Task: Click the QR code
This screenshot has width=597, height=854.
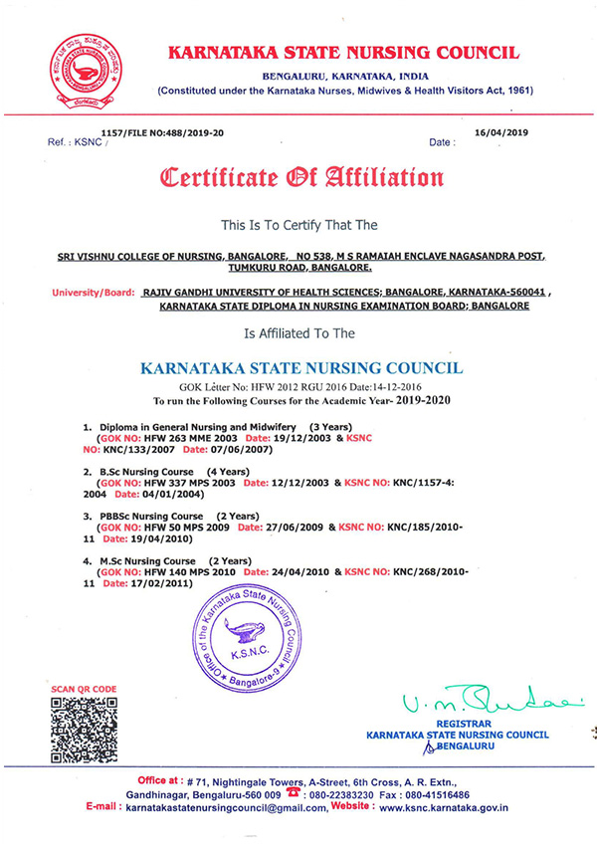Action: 84,731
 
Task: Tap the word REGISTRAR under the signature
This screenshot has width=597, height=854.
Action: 464,725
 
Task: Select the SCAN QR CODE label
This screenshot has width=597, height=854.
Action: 84,689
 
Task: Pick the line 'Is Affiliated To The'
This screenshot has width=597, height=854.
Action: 299,333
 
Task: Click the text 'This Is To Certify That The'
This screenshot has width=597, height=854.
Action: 299,226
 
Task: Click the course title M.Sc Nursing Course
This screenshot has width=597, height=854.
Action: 146,561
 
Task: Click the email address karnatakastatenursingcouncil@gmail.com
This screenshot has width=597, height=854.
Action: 227,808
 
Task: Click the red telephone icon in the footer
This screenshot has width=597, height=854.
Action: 293,794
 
